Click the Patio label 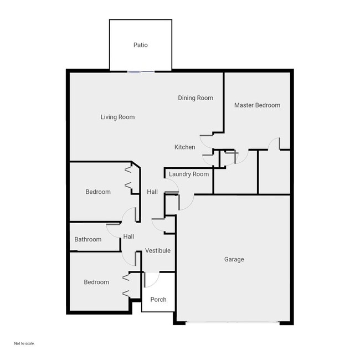click(x=141, y=45)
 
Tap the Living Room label click(x=117, y=117)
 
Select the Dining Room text click(x=196, y=98)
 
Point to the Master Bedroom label click(x=257, y=105)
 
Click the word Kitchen click(x=185, y=147)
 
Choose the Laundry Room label click(x=189, y=174)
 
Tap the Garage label click(x=234, y=259)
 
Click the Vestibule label click(x=158, y=251)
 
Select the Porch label click(x=158, y=300)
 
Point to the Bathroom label click(x=88, y=239)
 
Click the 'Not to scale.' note click(x=24, y=343)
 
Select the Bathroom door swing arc click(x=114, y=230)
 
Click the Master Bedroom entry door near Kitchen click(x=206, y=141)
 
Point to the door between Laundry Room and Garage click(x=186, y=202)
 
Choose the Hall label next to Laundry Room click(x=152, y=192)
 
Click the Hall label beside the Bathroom click(x=128, y=236)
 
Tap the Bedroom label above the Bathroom click(x=98, y=192)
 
